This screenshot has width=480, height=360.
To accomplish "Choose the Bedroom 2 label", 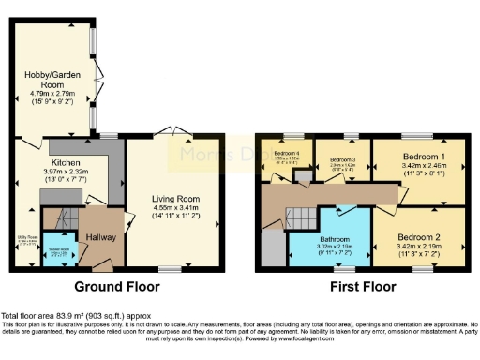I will pyautogui.click(x=418, y=212).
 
